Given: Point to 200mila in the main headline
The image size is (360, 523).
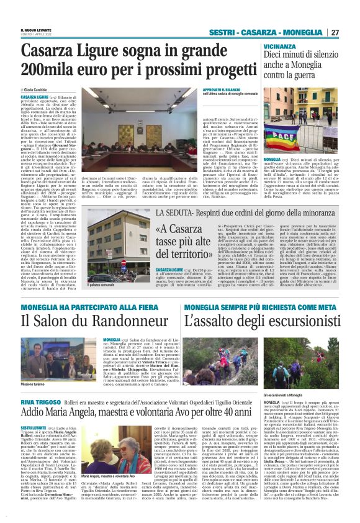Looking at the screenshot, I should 48,71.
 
